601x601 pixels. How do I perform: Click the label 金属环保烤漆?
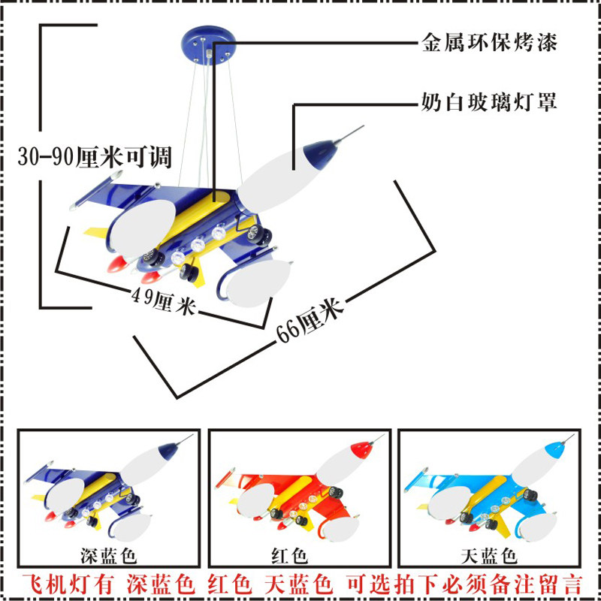pyautogui.click(x=489, y=42)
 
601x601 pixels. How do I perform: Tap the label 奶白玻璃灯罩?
pyautogui.click(x=489, y=101)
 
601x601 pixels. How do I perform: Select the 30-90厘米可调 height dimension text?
pyautogui.click(x=95, y=156)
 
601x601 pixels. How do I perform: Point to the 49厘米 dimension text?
pyautogui.click(x=164, y=301)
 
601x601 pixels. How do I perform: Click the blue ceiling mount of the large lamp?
pyautogui.click(x=209, y=45)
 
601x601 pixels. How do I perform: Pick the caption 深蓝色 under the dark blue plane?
pyautogui.click(x=108, y=555)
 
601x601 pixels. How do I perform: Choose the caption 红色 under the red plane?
pyautogui.click(x=290, y=555)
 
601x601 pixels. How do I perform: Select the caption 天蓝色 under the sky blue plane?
pyautogui.click(x=489, y=555)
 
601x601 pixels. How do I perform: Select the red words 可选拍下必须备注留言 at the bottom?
pyautogui.click(x=464, y=584)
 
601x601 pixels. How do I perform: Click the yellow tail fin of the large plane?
pyautogui.click(x=96, y=231)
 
